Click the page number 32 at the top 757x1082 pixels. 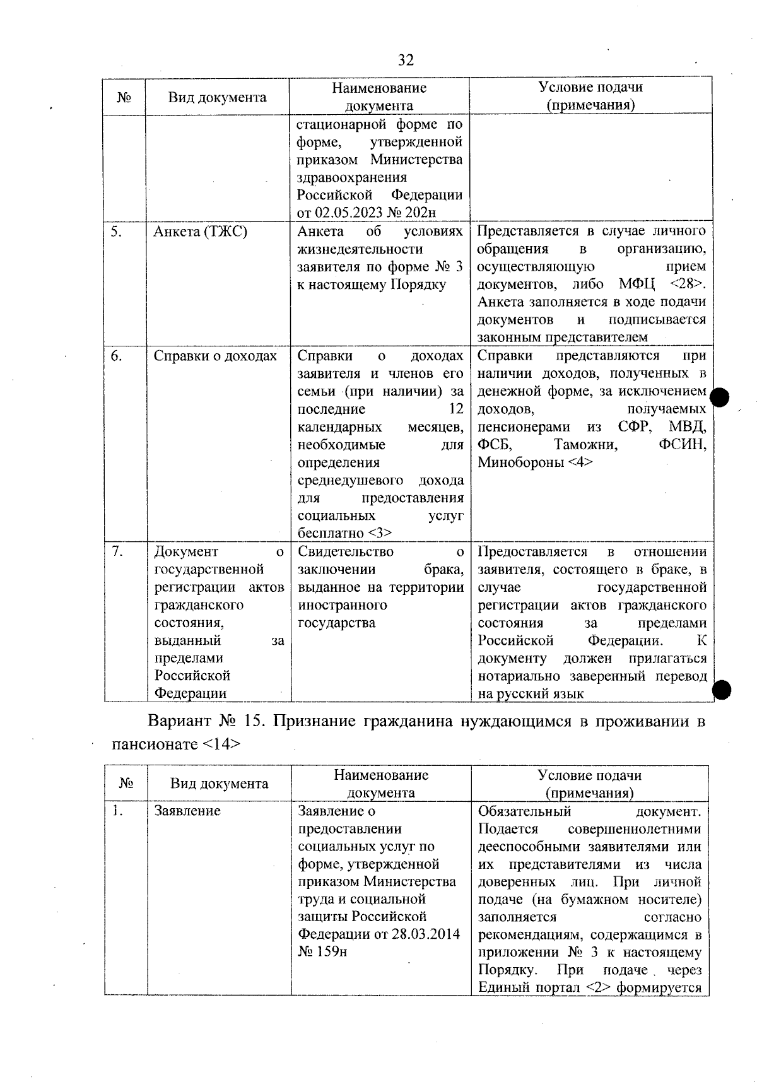click(406, 60)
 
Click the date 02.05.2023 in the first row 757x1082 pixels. click(359, 213)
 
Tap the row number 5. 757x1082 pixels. click(115, 232)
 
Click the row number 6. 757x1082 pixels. click(116, 356)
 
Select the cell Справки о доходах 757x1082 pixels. click(215, 356)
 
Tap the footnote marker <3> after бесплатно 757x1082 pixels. click(379, 533)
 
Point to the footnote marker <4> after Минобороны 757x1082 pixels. click(580, 462)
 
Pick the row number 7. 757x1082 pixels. click(116, 552)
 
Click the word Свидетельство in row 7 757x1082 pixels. click(345, 552)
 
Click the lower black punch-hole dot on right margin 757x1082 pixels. click(722, 690)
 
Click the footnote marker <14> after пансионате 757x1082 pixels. click(221, 744)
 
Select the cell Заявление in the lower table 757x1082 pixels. click(187, 811)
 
